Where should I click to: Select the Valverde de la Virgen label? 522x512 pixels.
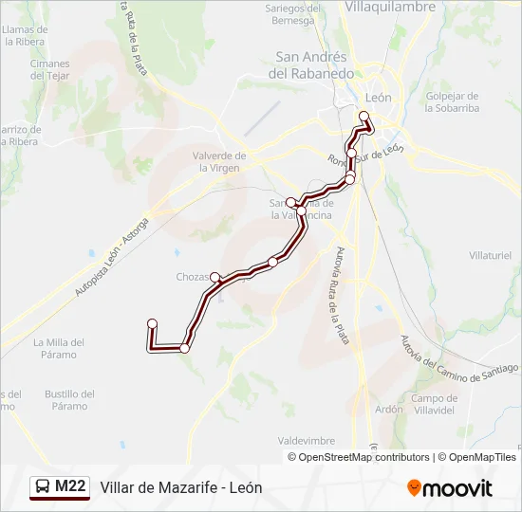pos(219,161)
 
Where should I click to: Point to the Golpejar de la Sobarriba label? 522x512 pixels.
pos(453,102)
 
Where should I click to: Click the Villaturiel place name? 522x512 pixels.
pos(490,256)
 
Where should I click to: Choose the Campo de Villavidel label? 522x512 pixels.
pos(435,405)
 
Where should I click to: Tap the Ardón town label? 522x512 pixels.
pos(389,410)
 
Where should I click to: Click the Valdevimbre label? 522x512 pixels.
pos(307,441)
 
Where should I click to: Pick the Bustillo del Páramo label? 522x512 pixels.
pos(69,400)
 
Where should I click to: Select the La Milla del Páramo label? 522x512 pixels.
pos(59,348)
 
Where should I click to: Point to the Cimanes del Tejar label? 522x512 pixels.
pos(50,70)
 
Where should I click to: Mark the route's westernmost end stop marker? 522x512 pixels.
pos(152,324)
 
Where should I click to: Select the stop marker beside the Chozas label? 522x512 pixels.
pos(215,277)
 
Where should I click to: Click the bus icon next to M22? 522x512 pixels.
pos(43,487)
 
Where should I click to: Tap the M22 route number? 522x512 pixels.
pos(70,487)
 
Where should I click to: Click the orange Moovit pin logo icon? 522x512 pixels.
pos(415,488)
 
